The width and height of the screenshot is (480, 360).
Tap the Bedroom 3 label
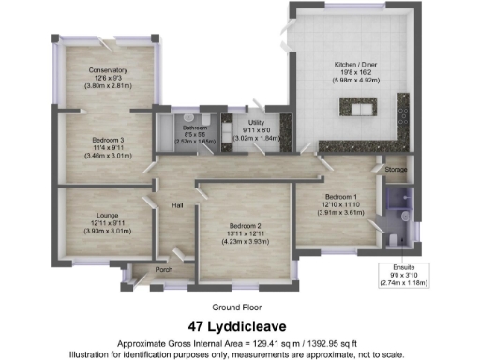click(x=108, y=140)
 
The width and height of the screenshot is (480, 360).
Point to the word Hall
click(x=175, y=206)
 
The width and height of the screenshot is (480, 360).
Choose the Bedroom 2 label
click(x=246, y=225)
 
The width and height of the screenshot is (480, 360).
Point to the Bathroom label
click(x=195, y=127)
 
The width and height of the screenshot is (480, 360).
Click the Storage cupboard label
click(x=395, y=169)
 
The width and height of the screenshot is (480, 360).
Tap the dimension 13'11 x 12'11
click(x=246, y=232)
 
